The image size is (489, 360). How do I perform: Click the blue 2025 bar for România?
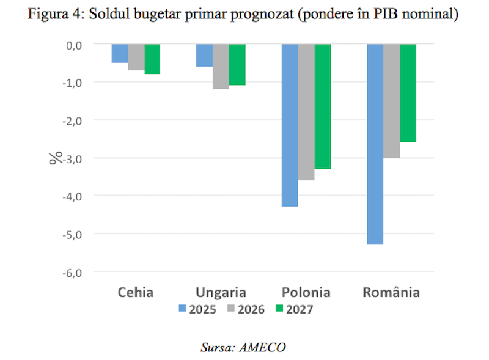(x=375, y=144)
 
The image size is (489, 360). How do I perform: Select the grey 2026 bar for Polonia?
(x=306, y=112)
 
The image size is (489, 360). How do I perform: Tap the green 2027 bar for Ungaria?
(x=237, y=64)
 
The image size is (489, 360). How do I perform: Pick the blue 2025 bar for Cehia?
(x=119, y=53)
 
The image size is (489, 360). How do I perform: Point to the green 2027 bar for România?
(x=408, y=93)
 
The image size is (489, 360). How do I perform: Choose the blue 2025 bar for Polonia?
(x=290, y=125)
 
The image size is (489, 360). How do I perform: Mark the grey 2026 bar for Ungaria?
(x=221, y=66)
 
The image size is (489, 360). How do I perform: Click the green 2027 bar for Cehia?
(x=152, y=59)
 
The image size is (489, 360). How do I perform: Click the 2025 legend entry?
(x=199, y=309)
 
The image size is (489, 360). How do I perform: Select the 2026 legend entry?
(x=247, y=309)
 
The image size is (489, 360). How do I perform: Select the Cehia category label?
(x=136, y=292)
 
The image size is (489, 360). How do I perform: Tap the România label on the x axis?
(x=391, y=292)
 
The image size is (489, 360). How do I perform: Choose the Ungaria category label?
(x=221, y=292)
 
